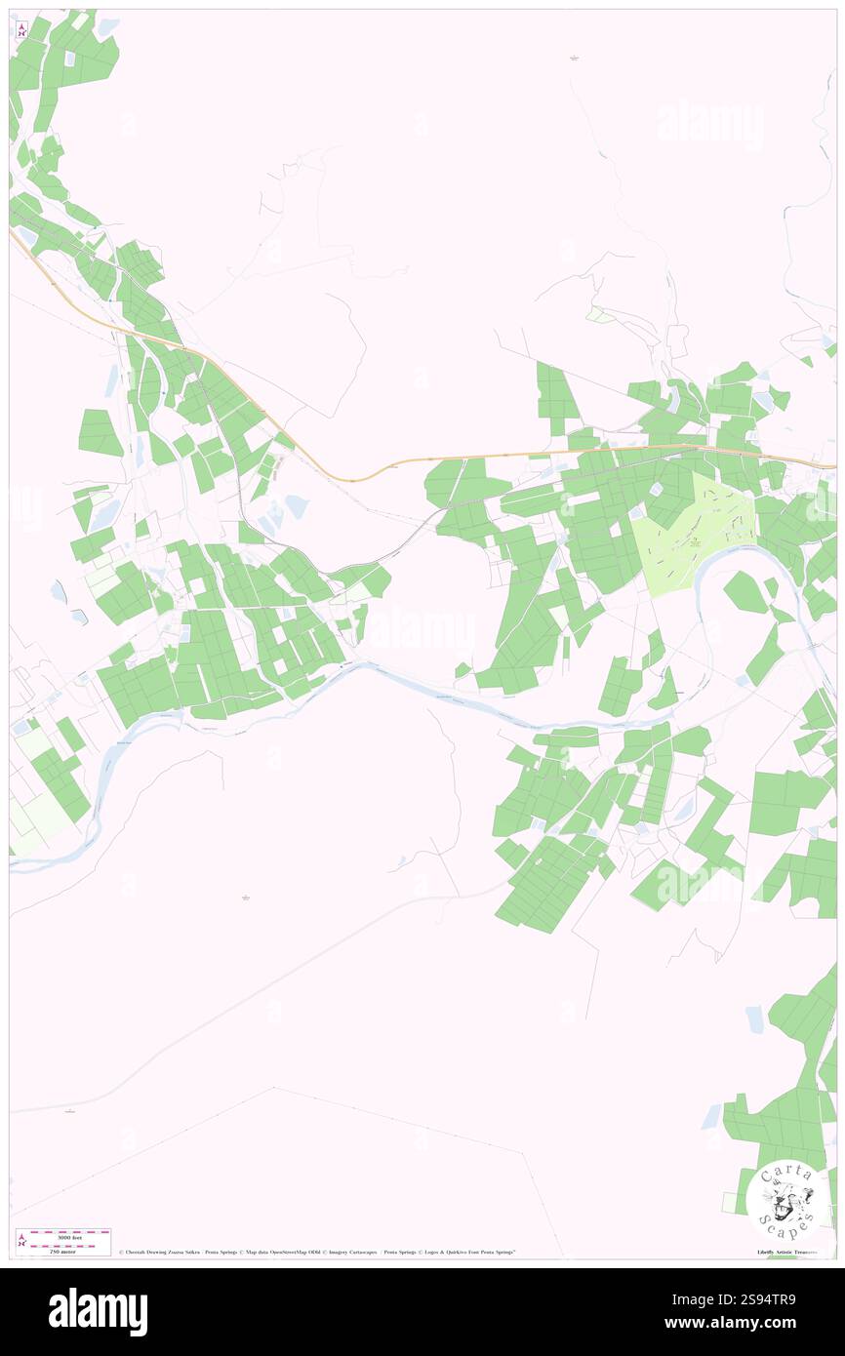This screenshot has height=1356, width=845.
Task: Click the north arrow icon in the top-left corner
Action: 21,29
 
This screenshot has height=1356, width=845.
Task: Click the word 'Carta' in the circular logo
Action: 785,1174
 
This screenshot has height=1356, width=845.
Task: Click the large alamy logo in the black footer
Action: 98,1311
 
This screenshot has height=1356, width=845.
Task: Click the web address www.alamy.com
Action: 728,1324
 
